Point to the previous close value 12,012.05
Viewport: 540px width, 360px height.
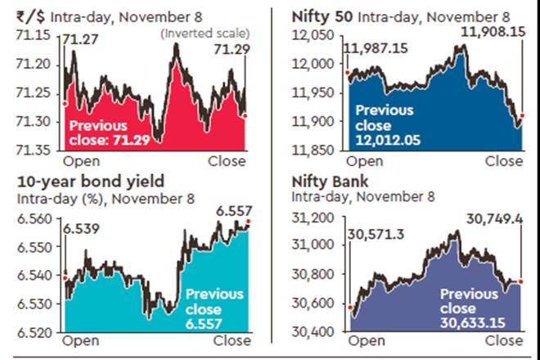click(387, 140)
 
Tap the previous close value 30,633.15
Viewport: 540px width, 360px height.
click(475, 323)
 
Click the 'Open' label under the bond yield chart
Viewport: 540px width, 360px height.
click(81, 340)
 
